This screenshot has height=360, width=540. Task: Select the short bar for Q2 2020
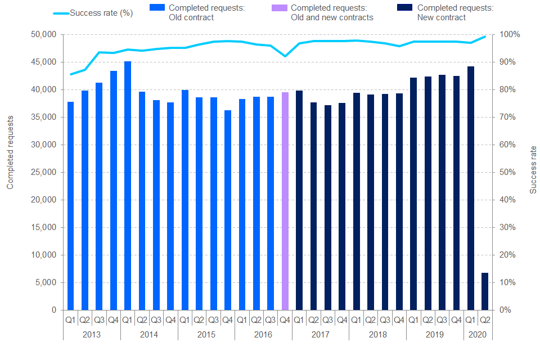pyautogui.click(x=485, y=291)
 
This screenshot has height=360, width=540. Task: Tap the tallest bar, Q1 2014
pyautogui.click(x=128, y=186)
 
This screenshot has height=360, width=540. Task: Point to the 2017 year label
pyautogui.click(x=320, y=334)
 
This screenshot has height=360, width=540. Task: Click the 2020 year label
pyautogui.click(x=478, y=334)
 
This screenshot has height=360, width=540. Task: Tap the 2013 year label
pyautogui.click(x=92, y=334)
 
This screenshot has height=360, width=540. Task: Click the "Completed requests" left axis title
pyautogui.click(x=10, y=152)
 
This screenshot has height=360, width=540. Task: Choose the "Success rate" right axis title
pyautogui.click(x=533, y=170)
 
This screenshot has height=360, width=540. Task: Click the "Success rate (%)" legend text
pyautogui.click(x=101, y=13)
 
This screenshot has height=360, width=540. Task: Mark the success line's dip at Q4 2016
pyautogui.click(x=285, y=56)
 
